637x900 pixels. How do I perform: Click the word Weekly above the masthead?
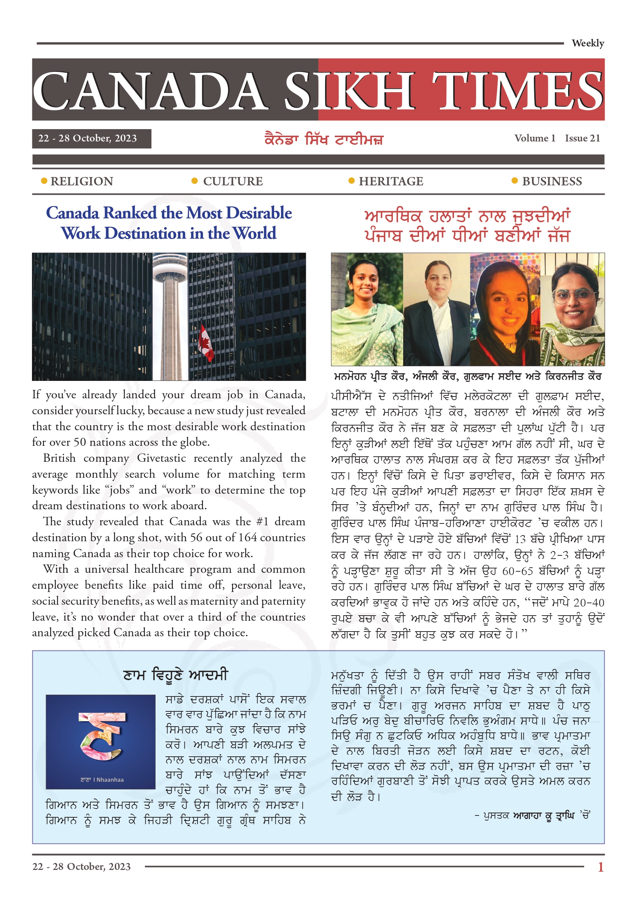[x=587, y=43]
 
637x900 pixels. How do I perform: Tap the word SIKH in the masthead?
[x=349, y=91]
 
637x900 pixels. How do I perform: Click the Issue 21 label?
[x=582, y=138]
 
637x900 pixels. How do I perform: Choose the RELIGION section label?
[x=82, y=181]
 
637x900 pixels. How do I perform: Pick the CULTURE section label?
[x=233, y=181]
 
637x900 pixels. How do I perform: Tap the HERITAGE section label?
[x=390, y=181]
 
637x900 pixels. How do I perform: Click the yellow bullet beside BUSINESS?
[x=514, y=181]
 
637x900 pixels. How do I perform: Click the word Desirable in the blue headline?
[x=259, y=213]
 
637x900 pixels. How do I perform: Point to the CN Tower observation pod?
[x=170, y=270]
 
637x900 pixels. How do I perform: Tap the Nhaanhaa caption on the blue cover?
[x=102, y=780]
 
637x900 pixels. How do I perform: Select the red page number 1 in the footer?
[x=600, y=867]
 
